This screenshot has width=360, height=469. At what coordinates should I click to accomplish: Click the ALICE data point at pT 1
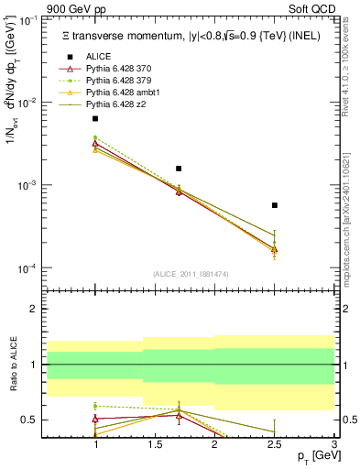pos(95,119)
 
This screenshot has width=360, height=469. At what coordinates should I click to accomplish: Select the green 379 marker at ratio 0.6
pos(95,405)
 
